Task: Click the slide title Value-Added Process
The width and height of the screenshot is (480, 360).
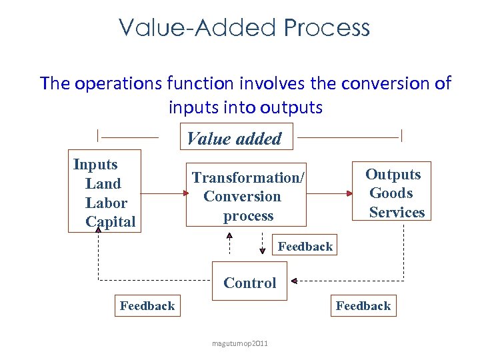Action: click(244, 28)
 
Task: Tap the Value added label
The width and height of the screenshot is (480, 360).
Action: click(234, 139)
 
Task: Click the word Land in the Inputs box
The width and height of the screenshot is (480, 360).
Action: click(103, 183)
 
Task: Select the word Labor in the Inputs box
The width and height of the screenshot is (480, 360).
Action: click(106, 203)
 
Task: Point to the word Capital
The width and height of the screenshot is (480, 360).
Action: click(111, 221)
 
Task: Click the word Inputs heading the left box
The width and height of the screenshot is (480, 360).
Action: click(95, 165)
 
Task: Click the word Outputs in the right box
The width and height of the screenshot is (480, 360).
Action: click(393, 174)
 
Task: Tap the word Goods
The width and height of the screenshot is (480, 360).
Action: click(391, 193)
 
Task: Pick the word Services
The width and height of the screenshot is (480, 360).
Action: click(397, 212)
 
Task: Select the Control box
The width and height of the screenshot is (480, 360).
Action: click(249, 283)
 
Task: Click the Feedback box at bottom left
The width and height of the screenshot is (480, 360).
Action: click(147, 306)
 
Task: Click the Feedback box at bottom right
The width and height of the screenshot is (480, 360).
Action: click(363, 306)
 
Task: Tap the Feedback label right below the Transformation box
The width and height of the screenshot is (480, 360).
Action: click(305, 247)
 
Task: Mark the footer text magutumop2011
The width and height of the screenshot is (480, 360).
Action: click(240, 343)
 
